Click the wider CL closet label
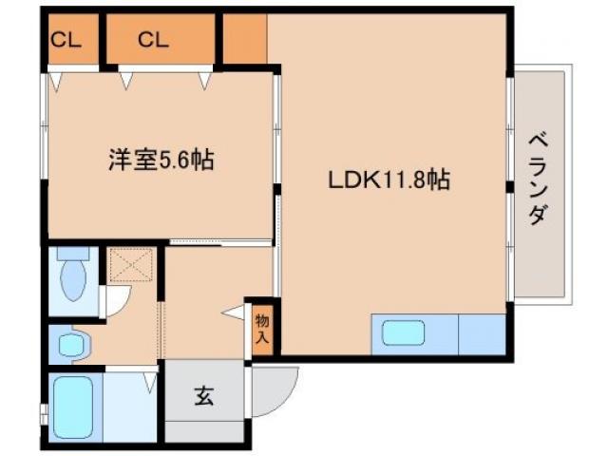point(152,40)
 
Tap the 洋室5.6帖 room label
point(160,160)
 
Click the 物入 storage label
point(261,328)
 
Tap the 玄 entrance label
point(203,395)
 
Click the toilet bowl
point(72,281)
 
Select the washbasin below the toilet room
point(70,345)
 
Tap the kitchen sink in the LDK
point(403,334)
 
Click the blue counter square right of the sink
point(481,334)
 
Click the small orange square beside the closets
point(244,39)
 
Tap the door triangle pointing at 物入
point(234,313)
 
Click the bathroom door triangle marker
point(149,383)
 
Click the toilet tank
point(72,255)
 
